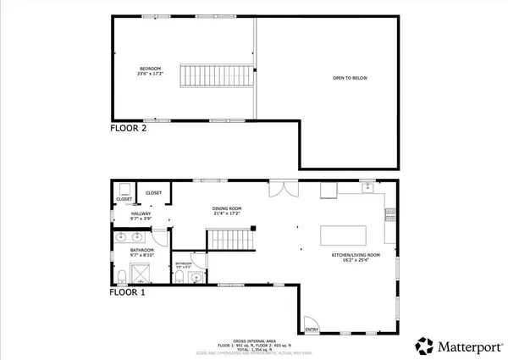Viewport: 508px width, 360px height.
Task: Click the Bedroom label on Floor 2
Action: click(150, 71)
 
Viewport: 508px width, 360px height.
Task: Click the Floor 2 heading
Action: click(128, 129)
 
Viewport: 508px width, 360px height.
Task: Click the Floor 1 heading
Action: click(128, 292)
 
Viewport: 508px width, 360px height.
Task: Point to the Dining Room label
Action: click(227, 211)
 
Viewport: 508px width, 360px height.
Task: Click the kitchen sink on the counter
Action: click(368, 188)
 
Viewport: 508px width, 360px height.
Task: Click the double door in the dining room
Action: click(279, 188)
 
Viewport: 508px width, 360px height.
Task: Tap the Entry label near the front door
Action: click(311, 330)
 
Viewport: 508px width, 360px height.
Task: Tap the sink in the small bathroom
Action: click(196, 276)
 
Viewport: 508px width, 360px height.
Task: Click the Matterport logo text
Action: click(456, 346)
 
